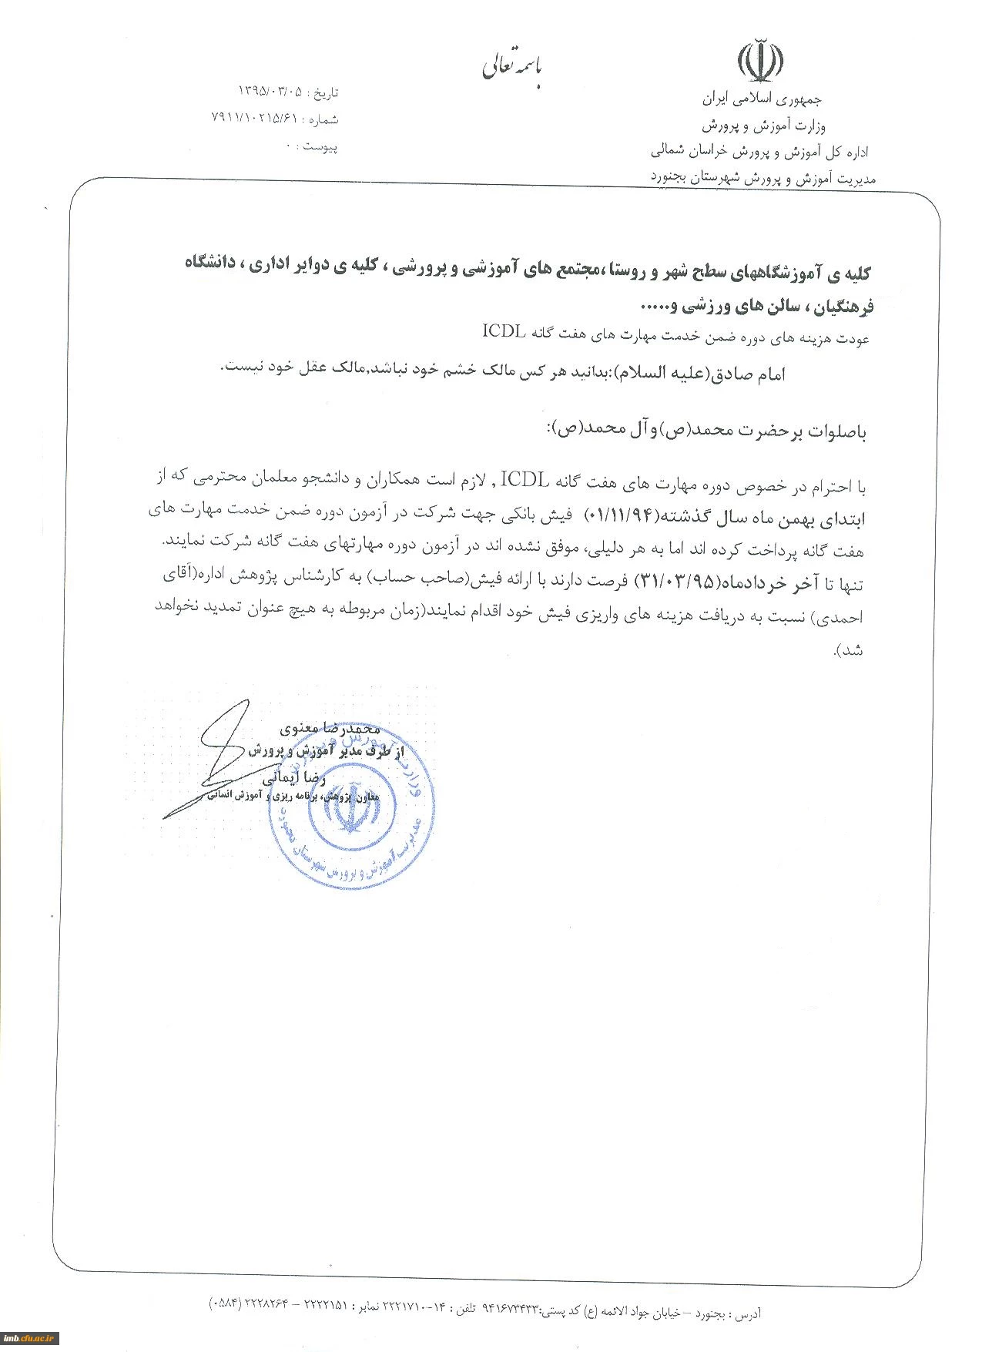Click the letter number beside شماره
tap(253, 118)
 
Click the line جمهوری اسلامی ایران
tap(762, 99)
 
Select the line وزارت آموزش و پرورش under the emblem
tap(762, 125)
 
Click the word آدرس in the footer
tap(746, 1313)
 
